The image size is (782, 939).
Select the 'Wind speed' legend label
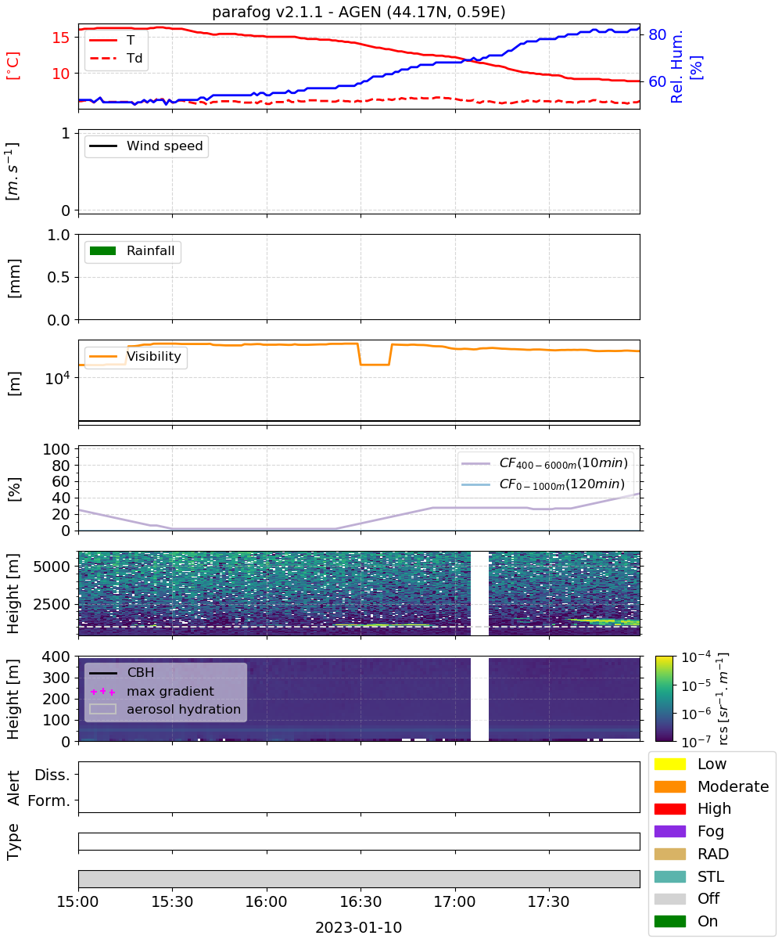click(164, 146)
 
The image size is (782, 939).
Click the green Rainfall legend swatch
click(103, 250)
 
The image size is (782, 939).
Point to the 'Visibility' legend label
click(154, 356)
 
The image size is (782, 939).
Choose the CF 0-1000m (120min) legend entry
click(543, 484)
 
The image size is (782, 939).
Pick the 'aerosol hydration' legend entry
click(165, 709)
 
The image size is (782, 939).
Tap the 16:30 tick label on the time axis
click(361, 901)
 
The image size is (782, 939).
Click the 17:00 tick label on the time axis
click(454, 901)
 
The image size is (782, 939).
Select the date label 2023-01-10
click(358, 927)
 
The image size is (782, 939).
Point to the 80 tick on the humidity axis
click(657, 34)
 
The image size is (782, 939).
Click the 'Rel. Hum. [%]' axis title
click(686, 67)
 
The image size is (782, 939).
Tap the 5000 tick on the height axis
click(52, 567)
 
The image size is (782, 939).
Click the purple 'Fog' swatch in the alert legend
click(669, 831)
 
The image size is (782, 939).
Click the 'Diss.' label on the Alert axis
click(52, 775)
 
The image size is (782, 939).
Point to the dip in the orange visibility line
click(375, 365)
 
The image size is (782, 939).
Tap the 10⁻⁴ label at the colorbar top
click(696, 657)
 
